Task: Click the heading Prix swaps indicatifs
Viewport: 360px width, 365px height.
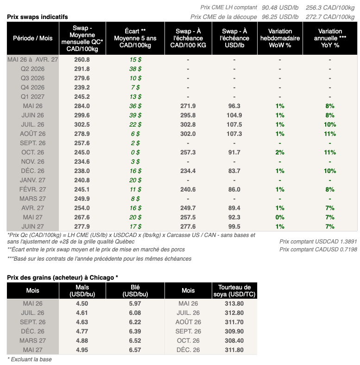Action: point(38,17)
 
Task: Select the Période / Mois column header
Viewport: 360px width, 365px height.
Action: point(32,38)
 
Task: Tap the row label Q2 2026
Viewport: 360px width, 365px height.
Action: point(32,69)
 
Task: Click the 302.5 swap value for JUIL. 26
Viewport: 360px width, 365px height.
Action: point(82,124)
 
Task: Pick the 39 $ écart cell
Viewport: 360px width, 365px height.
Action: point(135,115)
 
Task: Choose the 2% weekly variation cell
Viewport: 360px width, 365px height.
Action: point(280,152)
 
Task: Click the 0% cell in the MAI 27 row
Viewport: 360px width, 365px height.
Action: point(280,217)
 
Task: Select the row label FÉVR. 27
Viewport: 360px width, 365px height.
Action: point(32,189)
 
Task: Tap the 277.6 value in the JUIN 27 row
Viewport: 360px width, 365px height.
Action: point(188,226)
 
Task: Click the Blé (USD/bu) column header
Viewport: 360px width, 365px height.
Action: point(135,291)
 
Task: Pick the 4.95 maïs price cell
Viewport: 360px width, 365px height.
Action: point(82,350)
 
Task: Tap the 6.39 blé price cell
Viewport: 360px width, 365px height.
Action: point(135,331)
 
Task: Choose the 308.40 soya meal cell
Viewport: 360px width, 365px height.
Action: point(234,340)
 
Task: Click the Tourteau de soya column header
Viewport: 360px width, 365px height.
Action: point(234,291)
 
